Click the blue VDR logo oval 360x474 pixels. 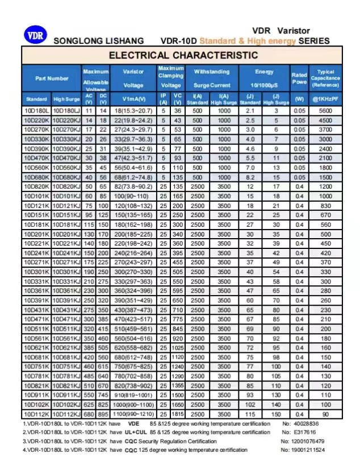tap(34, 35)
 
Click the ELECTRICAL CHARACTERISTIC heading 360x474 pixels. tap(183, 55)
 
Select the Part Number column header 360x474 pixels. tap(52, 78)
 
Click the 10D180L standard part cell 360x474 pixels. tap(36, 110)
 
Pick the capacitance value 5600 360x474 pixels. tap(325, 110)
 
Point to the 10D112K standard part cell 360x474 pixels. tap(36, 414)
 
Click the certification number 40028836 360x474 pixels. tap(306, 424)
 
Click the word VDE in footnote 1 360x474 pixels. tap(133, 424)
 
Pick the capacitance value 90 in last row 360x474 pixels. tap(325, 414)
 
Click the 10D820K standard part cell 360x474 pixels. tap(36, 186)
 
